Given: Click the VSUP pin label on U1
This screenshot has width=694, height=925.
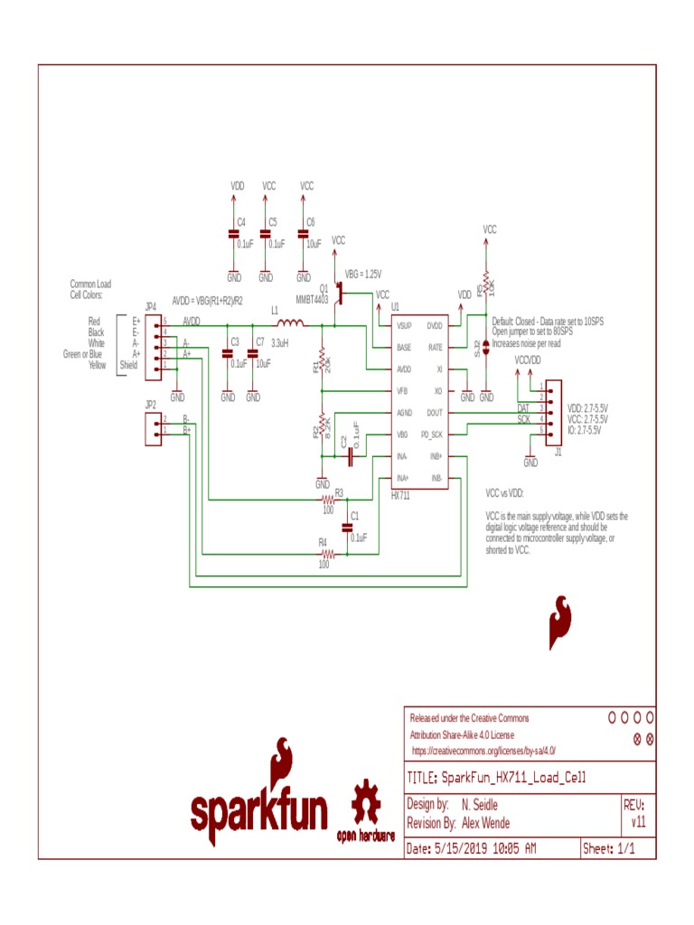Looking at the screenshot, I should (404, 325).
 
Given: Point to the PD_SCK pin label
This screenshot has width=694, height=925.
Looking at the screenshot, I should (431, 434).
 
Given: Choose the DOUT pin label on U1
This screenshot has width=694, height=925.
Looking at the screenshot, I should (434, 413).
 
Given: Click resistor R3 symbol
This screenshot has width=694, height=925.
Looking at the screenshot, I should (328, 499).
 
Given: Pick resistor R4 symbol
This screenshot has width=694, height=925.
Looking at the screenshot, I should (328, 554).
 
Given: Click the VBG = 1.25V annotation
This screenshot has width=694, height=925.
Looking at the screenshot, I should (363, 275).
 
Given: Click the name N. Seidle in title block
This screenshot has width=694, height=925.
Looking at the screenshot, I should (479, 805).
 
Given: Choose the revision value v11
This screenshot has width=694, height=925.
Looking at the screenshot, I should (638, 823).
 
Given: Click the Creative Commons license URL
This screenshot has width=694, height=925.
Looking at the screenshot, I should (483, 751).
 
